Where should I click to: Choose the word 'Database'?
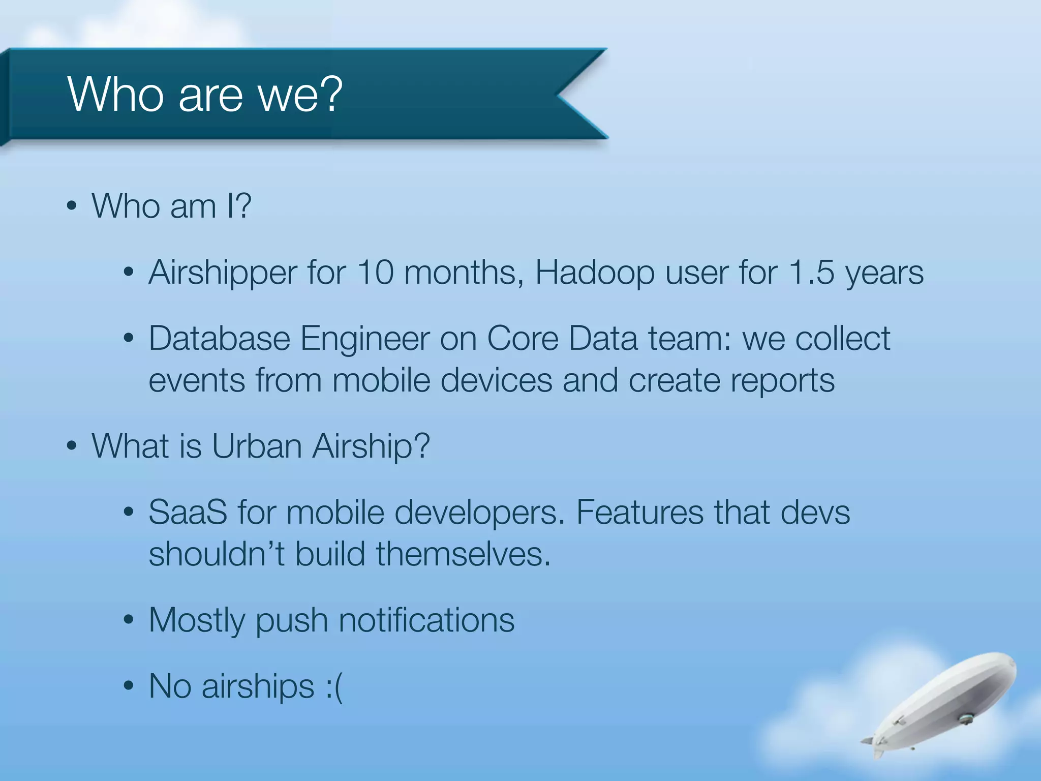[x=219, y=338]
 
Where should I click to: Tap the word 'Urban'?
[x=257, y=446]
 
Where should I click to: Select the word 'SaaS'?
[x=188, y=512]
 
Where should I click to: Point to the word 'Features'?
[x=640, y=512]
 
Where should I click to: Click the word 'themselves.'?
[x=463, y=554]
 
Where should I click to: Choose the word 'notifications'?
[x=426, y=620]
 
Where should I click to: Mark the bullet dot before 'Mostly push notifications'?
[x=129, y=620]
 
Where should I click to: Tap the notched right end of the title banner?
[x=582, y=94]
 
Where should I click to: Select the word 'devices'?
[x=496, y=380]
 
